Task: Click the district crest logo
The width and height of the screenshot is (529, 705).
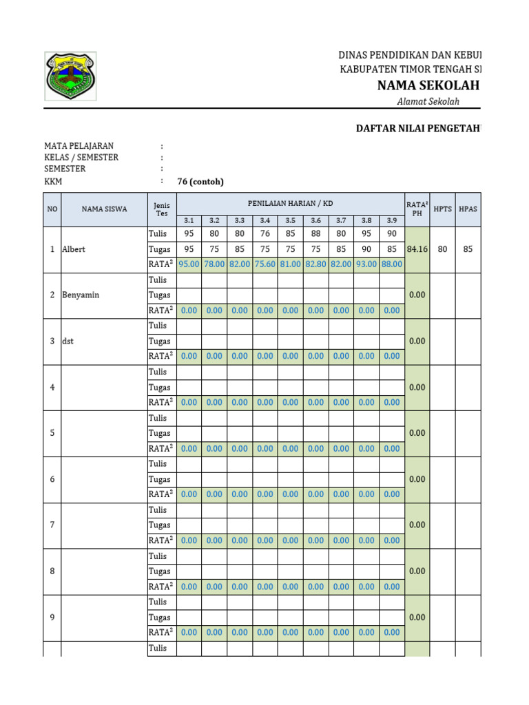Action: (x=70, y=76)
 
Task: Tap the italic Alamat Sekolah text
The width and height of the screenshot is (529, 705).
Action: (x=428, y=101)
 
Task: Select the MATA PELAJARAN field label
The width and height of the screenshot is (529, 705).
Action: (x=79, y=146)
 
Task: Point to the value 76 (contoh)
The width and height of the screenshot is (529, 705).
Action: (x=200, y=182)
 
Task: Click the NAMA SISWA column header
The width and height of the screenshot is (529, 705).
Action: (x=104, y=209)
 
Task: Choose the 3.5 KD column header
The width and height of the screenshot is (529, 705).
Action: (x=290, y=220)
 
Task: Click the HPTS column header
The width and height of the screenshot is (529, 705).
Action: (x=442, y=209)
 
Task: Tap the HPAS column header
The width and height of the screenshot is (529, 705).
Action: (x=468, y=209)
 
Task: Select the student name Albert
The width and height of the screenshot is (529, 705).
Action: (x=74, y=249)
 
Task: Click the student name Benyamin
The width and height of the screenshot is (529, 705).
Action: (x=81, y=295)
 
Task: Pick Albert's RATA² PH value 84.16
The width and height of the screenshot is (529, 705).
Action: (x=417, y=249)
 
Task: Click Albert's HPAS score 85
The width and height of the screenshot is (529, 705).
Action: (x=468, y=249)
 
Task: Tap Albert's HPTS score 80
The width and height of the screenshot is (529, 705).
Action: (x=442, y=249)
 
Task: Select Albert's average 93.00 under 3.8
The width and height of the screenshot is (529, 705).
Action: (x=366, y=264)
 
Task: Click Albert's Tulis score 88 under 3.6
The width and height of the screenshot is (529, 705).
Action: (x=315, y=234)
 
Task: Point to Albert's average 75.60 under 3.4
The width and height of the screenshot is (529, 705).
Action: (x=264, y=264)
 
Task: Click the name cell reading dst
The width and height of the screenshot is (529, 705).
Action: (x=68, y=341)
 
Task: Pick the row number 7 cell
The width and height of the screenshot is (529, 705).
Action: (x=52, y=525)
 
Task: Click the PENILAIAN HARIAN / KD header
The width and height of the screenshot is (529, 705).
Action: (x=290, y=203)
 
